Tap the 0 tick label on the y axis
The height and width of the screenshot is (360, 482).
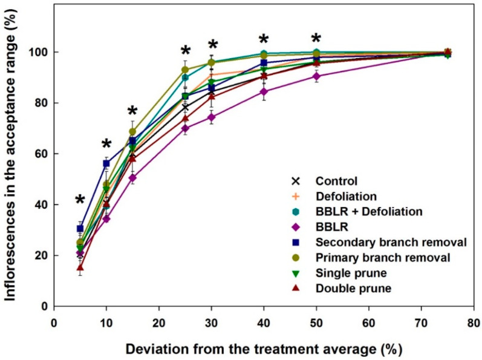tap(44, 307)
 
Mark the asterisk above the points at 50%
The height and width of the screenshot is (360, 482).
tap(316, 38)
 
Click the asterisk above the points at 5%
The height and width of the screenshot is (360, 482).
tap(80, 201)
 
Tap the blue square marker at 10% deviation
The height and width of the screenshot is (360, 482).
tap(106, 164)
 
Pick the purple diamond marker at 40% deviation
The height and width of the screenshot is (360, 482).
tap(264, 92)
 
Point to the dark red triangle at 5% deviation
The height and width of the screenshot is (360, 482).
tap(80, 267)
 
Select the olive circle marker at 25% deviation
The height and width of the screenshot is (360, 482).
tap(185, 70)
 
